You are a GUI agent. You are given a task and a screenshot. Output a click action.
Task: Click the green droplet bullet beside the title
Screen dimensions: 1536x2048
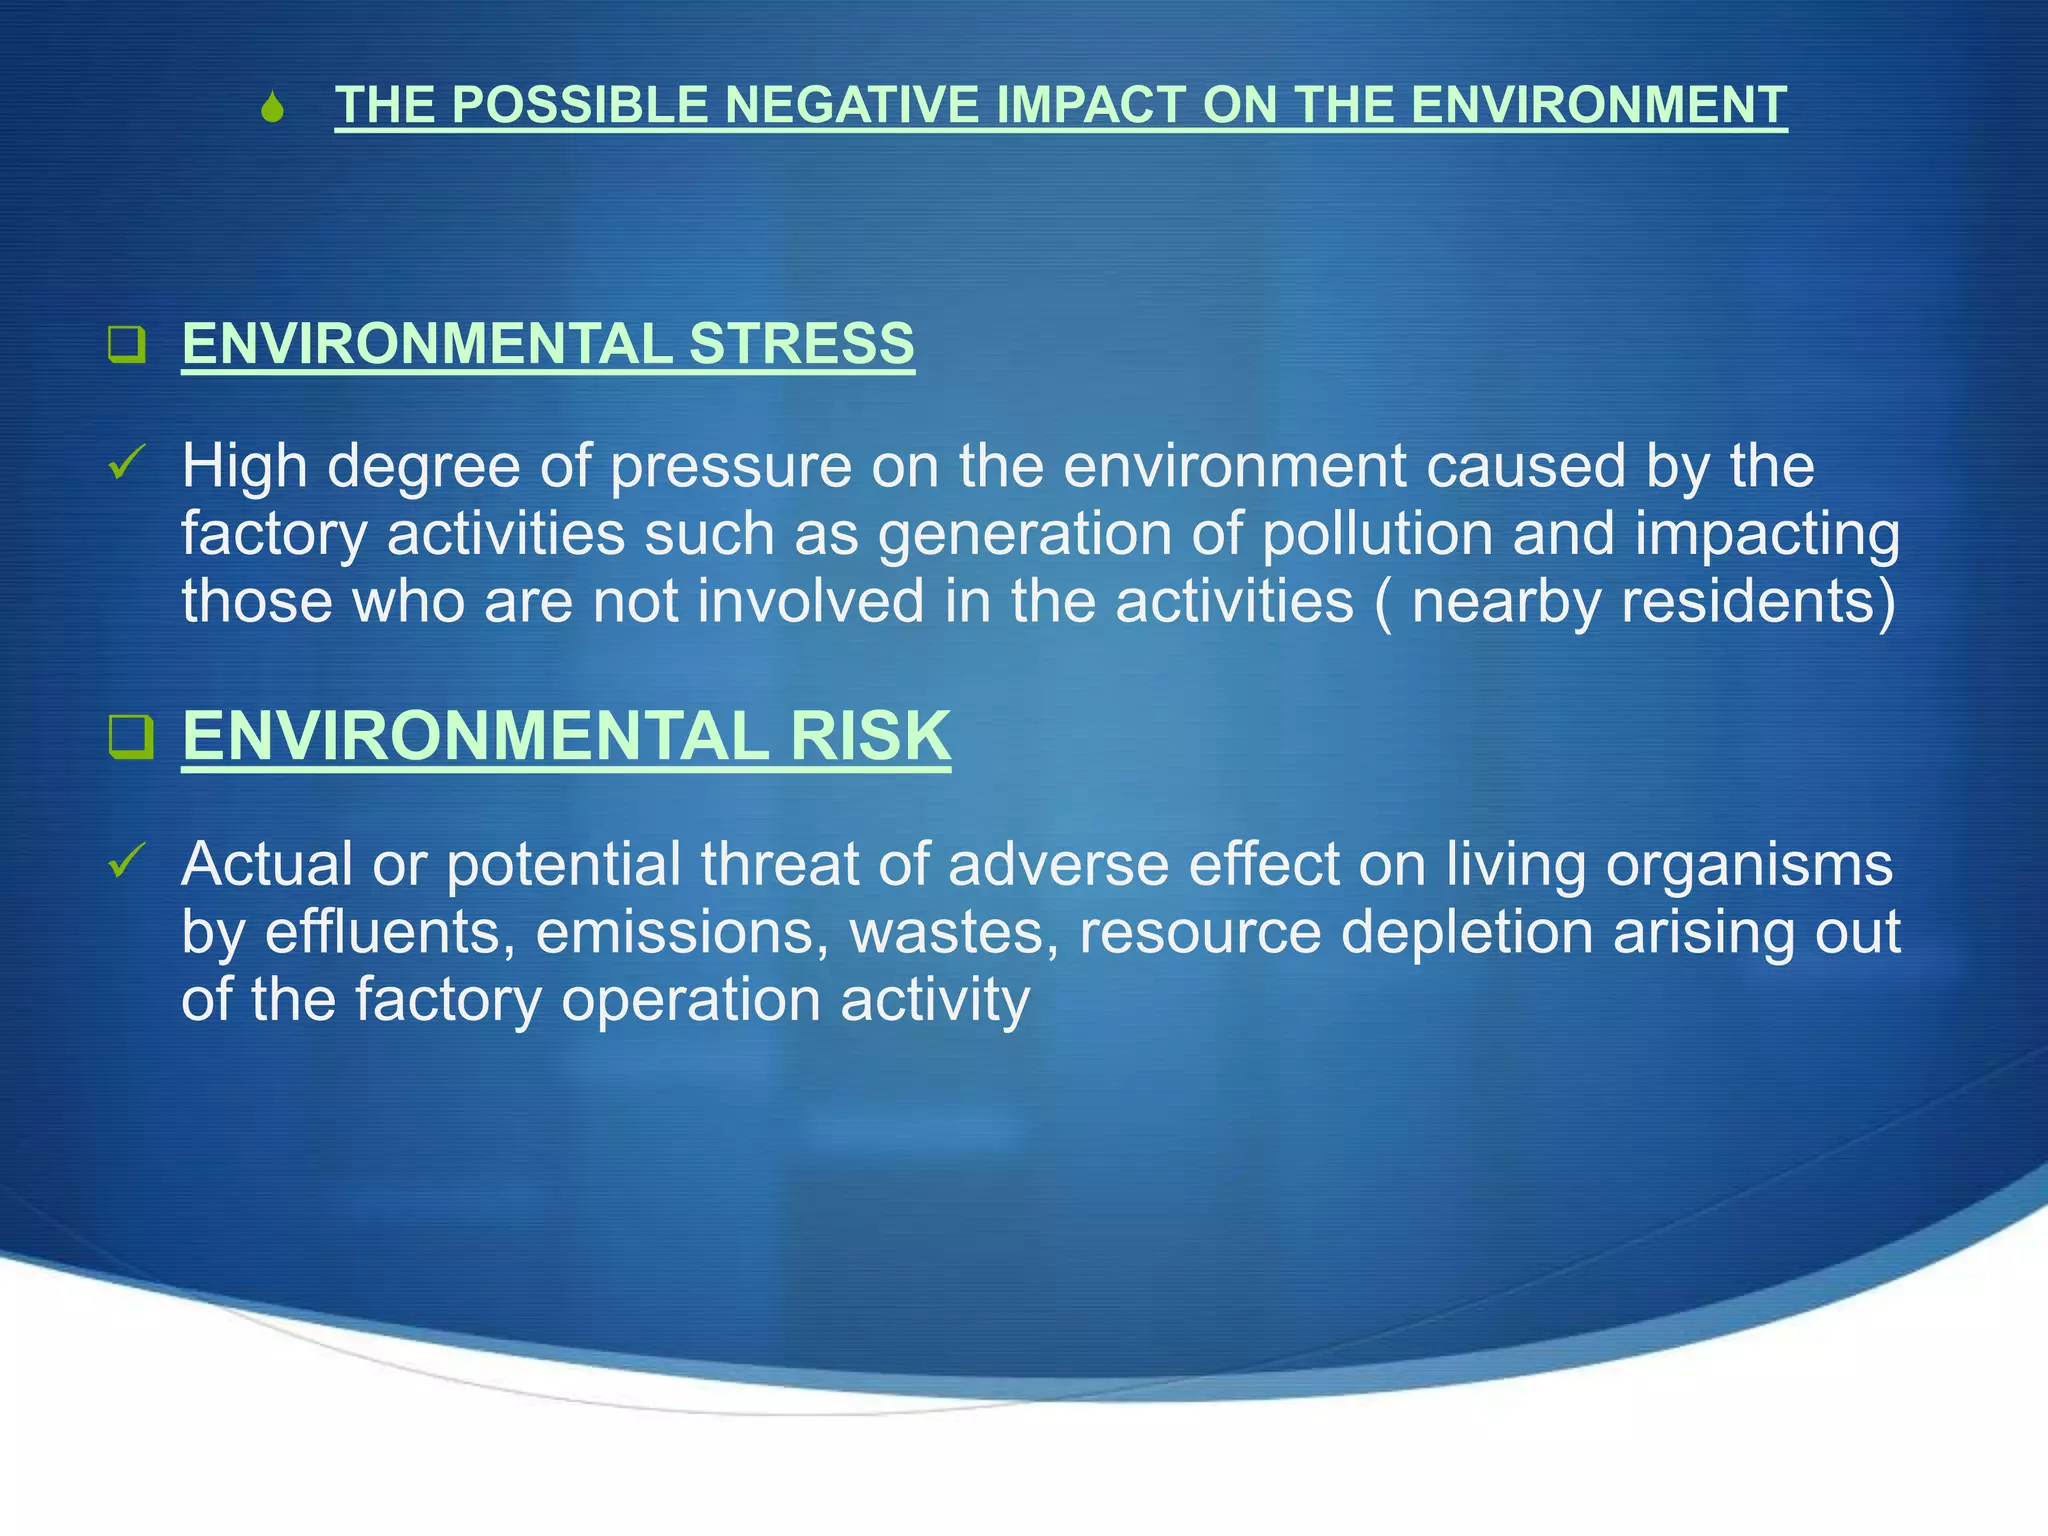(x=271, y=108)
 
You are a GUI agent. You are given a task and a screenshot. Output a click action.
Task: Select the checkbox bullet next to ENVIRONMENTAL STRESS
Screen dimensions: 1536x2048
(x=127, y=344)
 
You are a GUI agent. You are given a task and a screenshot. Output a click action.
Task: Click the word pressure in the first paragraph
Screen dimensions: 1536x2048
(x=730, y=467)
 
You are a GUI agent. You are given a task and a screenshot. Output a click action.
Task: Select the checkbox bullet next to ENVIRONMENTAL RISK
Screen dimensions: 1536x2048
(x=131, y=738)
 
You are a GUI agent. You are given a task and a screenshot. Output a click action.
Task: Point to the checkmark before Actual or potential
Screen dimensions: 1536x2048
(x=127, y=860)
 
